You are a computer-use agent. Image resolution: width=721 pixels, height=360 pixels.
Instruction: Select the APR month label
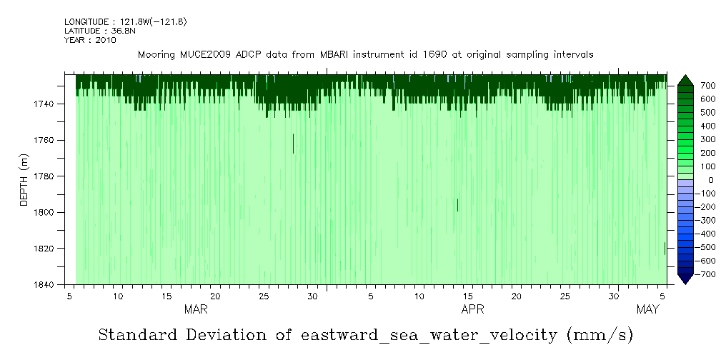[x=472, y=309]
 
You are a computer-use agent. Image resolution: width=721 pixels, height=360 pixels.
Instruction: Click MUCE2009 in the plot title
[x=203, y=54]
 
